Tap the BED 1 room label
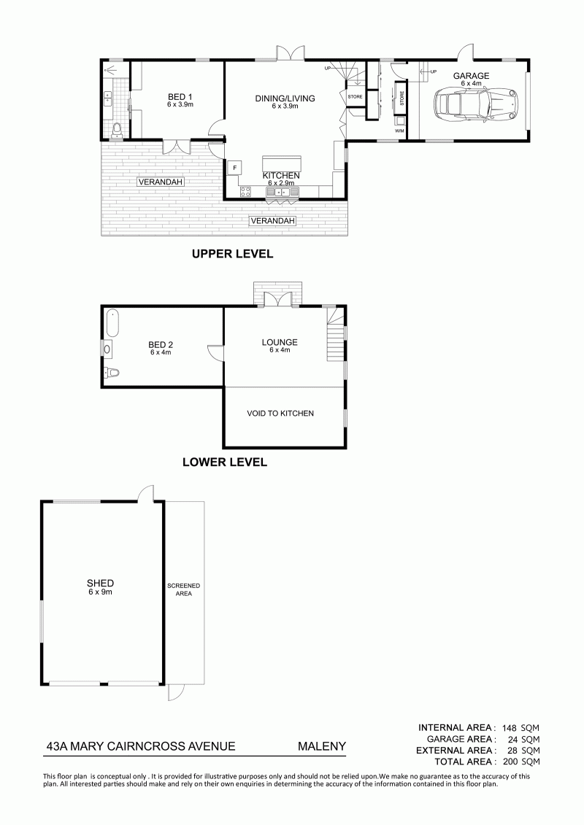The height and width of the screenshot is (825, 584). [x=180, y=97]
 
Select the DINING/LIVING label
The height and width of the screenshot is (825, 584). [x=285, y=98]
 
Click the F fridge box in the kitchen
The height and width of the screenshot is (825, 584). [x=234, y=167]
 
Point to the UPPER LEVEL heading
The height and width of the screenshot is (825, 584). [x=232, y=254]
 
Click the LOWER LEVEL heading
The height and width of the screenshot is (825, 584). [x=225, y=462]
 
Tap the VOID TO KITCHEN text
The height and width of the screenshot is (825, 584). [x=280, y=413]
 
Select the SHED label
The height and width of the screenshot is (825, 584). [x=100, y=583]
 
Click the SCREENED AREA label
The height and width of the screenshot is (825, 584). [x=183, y=589]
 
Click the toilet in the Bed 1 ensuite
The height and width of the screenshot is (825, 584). [x=117, y=129]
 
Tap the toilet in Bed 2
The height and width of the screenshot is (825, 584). [x=112, y=373]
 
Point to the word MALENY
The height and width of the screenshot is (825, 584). [x=322, y=746]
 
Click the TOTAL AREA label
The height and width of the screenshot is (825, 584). [x=463, y=762]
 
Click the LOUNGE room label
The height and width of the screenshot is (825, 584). [x=280, y=342]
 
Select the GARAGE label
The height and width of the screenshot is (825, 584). [x=472, y=76]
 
